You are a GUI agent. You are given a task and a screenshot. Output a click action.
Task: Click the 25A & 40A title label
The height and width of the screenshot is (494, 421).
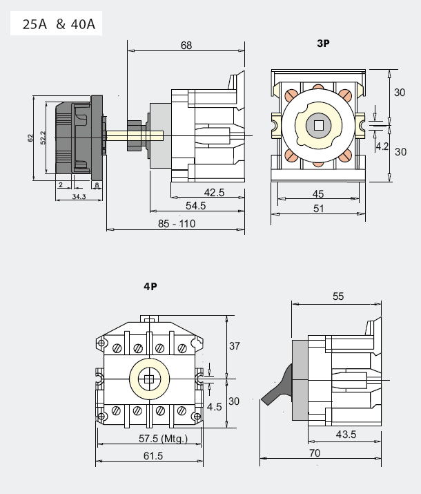(x=59, y=24)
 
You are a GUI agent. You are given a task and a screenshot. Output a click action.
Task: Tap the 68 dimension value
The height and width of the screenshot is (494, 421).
(x=186, y=46)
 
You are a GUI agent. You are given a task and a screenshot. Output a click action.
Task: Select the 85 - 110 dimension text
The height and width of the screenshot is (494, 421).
(x=177, y=224)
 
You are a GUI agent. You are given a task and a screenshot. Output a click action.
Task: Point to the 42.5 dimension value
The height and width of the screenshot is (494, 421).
(x=214, y=193)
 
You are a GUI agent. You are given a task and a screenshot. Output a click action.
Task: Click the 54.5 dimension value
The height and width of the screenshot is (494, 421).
(x=195, y=206)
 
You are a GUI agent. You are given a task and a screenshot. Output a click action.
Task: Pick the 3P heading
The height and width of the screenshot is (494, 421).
(x=323, y=44)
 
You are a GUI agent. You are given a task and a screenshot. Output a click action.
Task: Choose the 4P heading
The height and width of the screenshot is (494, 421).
(x=150, y=286)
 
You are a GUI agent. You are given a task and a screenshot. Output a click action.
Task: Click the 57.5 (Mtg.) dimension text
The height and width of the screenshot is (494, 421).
(x=163, y=439)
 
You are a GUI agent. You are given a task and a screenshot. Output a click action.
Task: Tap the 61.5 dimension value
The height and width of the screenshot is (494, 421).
(x=153, y=456)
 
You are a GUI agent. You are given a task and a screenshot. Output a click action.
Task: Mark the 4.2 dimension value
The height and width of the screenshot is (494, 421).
(x=382, y=146)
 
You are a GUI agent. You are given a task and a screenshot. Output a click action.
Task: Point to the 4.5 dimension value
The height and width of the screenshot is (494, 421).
(x=214, y=407)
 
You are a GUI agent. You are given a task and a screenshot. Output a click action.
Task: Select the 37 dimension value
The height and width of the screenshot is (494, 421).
(x=235, y=346)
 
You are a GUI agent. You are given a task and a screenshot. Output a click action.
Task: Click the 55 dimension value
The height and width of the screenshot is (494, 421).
(x=338, y=296)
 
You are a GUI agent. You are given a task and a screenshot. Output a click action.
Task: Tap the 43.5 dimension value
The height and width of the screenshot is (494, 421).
(x=346, y=435)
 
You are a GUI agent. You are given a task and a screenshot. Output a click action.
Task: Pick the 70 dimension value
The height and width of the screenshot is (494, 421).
(x=315, y=453)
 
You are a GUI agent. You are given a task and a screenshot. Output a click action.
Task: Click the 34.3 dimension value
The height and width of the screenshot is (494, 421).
(x=79, y=197)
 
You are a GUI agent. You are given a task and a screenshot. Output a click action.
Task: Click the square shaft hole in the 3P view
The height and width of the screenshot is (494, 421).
(x=318, y=125)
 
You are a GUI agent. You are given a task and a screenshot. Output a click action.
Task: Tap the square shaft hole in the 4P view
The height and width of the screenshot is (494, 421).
(x=149, y=379)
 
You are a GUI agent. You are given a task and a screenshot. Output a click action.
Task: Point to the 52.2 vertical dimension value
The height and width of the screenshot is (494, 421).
(x=43, y=137)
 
